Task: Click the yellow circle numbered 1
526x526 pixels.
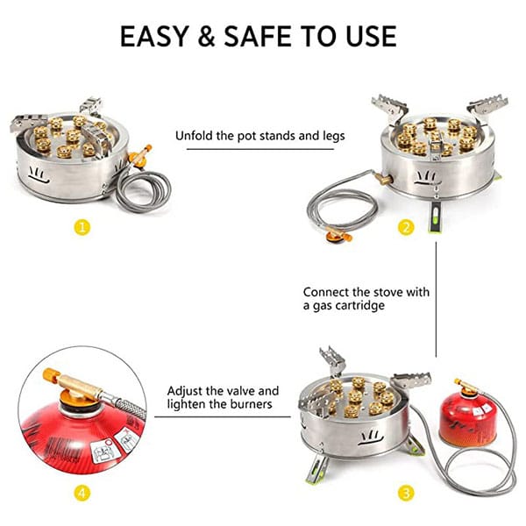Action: tap(82, 227)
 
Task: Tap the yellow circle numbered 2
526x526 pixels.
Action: tap(406, 227)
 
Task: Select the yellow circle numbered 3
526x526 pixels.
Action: tap(406, 493)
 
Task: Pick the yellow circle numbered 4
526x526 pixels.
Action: tap(82, 493)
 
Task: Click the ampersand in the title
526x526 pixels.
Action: tap(207, 36)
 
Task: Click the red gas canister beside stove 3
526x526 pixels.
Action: tap(467, 419)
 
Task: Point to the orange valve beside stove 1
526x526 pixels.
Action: tap(140, 154)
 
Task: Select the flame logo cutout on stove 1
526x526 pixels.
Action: tap(39, 174)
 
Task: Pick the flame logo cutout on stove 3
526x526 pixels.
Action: tap(370, 438)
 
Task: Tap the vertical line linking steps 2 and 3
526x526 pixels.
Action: tap(436, 300)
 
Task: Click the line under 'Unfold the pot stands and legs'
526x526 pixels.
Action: tap(260, 149)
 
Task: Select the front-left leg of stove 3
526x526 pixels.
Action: tap(316, 469)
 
